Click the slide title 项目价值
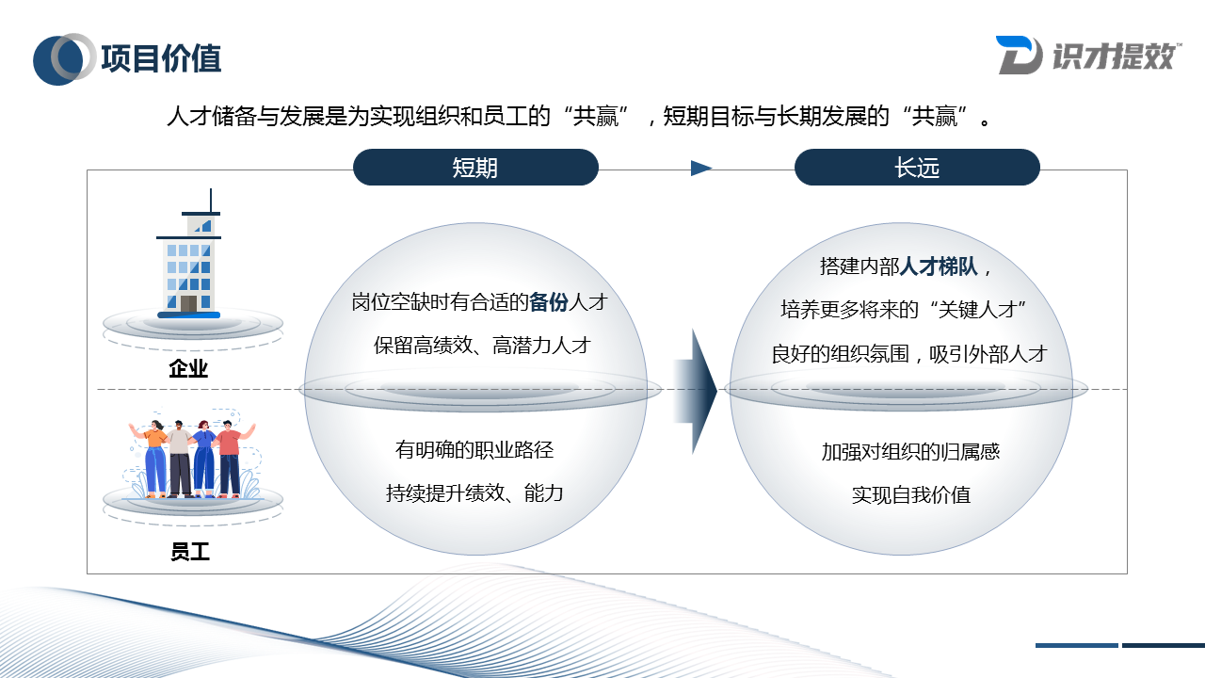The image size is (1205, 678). pos(161,58)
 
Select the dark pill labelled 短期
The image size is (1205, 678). pos(475,168)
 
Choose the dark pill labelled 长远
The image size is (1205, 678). pos(917,168)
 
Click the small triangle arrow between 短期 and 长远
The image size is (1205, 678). pos(700,169)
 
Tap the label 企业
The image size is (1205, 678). pos(188,368)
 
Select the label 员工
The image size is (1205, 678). pos(189,552)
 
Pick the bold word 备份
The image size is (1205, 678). pos(549,302)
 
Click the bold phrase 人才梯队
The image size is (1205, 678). pos(940,266)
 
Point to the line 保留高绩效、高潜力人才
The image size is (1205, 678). pos(481,345)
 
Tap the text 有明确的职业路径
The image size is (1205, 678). pos(474,449)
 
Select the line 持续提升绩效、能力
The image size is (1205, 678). pos(474,492)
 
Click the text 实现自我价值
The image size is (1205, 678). pos(910,494)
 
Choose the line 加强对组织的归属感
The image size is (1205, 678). pos(910,451)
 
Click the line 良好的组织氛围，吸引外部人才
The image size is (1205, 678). pos(909,354)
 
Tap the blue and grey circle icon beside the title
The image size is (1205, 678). pos(64,58)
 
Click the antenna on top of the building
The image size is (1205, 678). pos(210,200)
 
